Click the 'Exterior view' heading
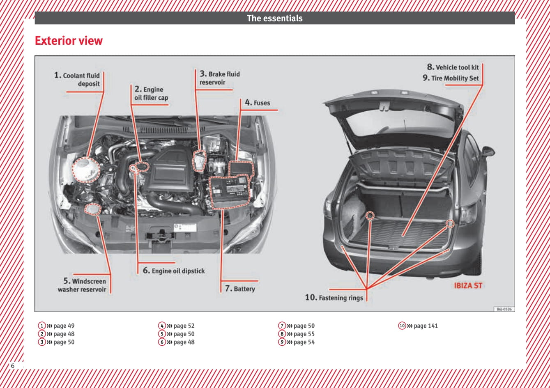(69, 41)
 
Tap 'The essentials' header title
(274, 18)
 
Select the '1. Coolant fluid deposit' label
(77, 80)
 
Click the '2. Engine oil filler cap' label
(151, 93)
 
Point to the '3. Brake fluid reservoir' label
(219, 78)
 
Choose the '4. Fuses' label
(258, 103)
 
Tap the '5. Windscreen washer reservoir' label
(83, 285)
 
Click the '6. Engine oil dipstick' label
(173, 271)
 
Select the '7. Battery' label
(240, 289)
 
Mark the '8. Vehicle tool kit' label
(453, 67)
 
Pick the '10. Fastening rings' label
(334, 298)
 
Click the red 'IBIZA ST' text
(468, 286)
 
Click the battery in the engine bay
(230, 191)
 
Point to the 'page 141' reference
(426, 326)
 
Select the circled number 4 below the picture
(162, 326)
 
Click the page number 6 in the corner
(13, 365)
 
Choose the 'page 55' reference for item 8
(304, 334)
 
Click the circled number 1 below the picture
(42, 326)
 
